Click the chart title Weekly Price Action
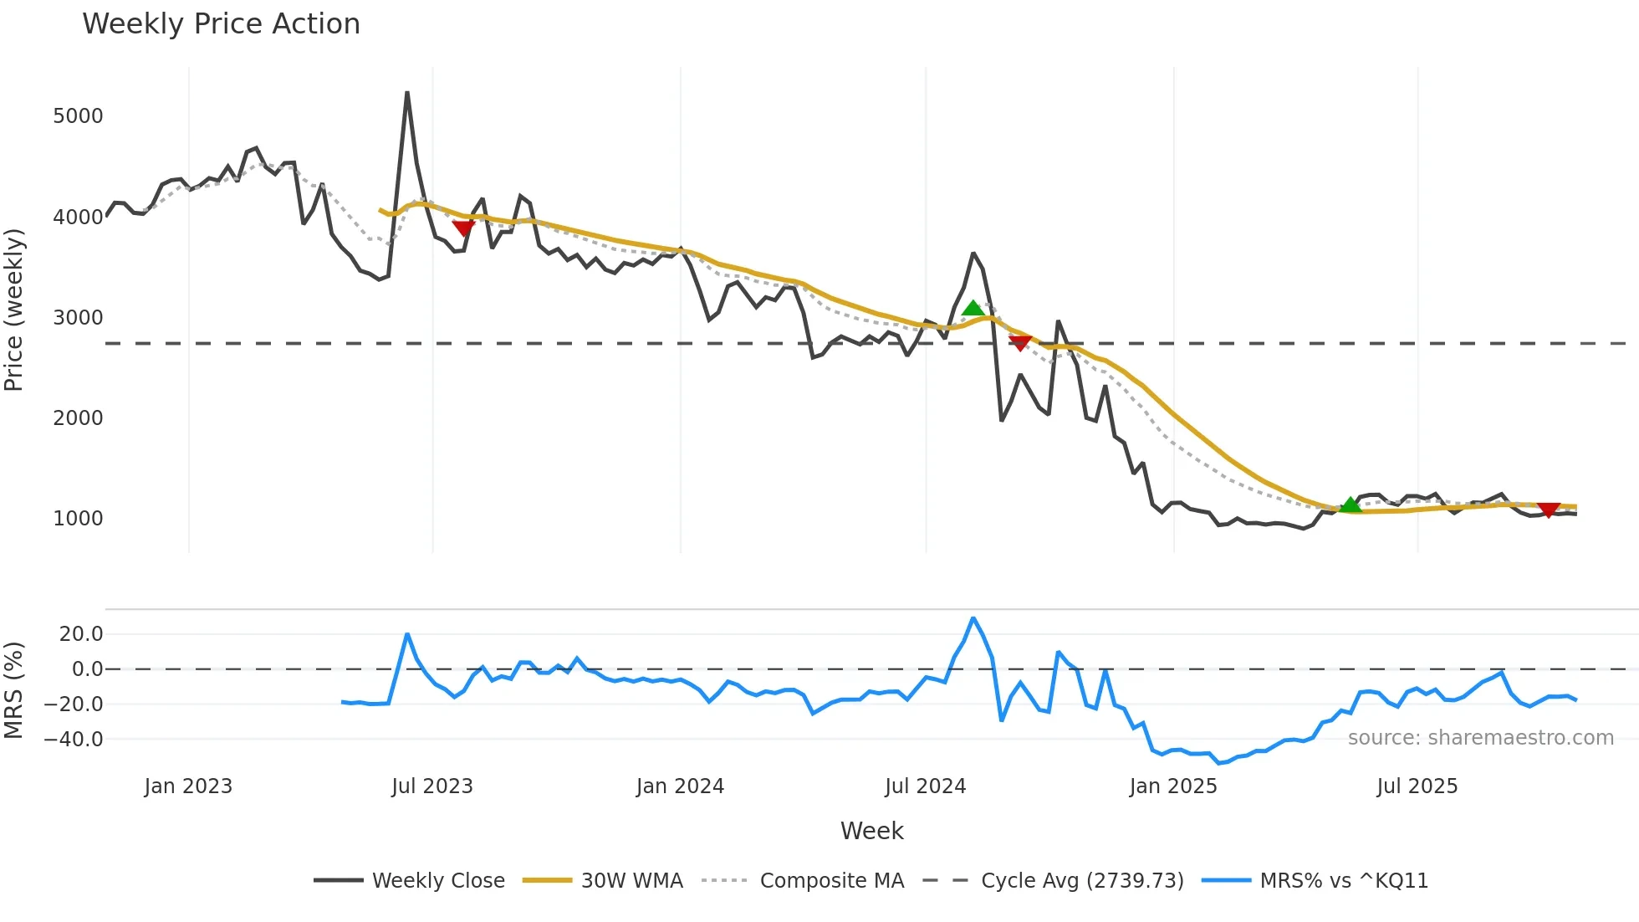click(221, 24)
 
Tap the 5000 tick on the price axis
click(78, 116)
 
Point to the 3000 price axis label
click(78, 318)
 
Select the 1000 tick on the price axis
click(78, 519)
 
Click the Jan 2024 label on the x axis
click(680, 786)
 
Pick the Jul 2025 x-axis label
click(1417, 786)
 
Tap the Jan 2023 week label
click(188, 786)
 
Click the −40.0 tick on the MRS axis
click(74, 740)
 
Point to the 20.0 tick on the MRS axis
click(81, 634)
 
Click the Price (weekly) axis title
click(14, 310)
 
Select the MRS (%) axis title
click(14, 690)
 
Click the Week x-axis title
click(871, 831)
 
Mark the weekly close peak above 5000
click(407, 93)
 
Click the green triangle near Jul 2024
click(973, 309)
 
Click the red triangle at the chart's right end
click(1548, 510)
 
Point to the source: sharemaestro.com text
click(1480, 738)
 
